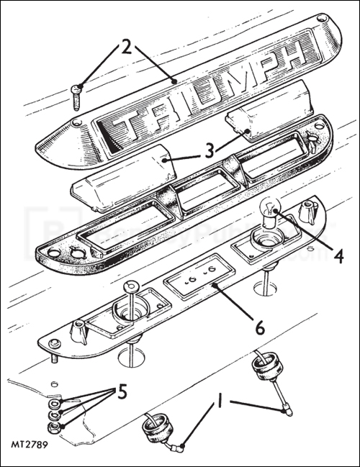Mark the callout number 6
coord(258,327)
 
